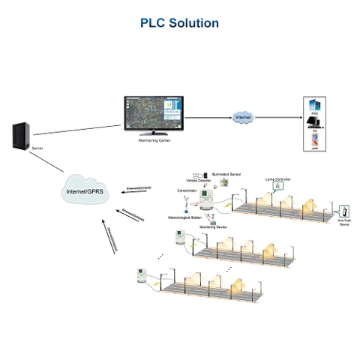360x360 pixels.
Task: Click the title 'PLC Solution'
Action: (x=179, y=23)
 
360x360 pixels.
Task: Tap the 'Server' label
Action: (x=37, y=148)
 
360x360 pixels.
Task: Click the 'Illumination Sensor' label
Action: (x=226, y=172)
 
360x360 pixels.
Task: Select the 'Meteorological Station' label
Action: (x=184, y=217)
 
